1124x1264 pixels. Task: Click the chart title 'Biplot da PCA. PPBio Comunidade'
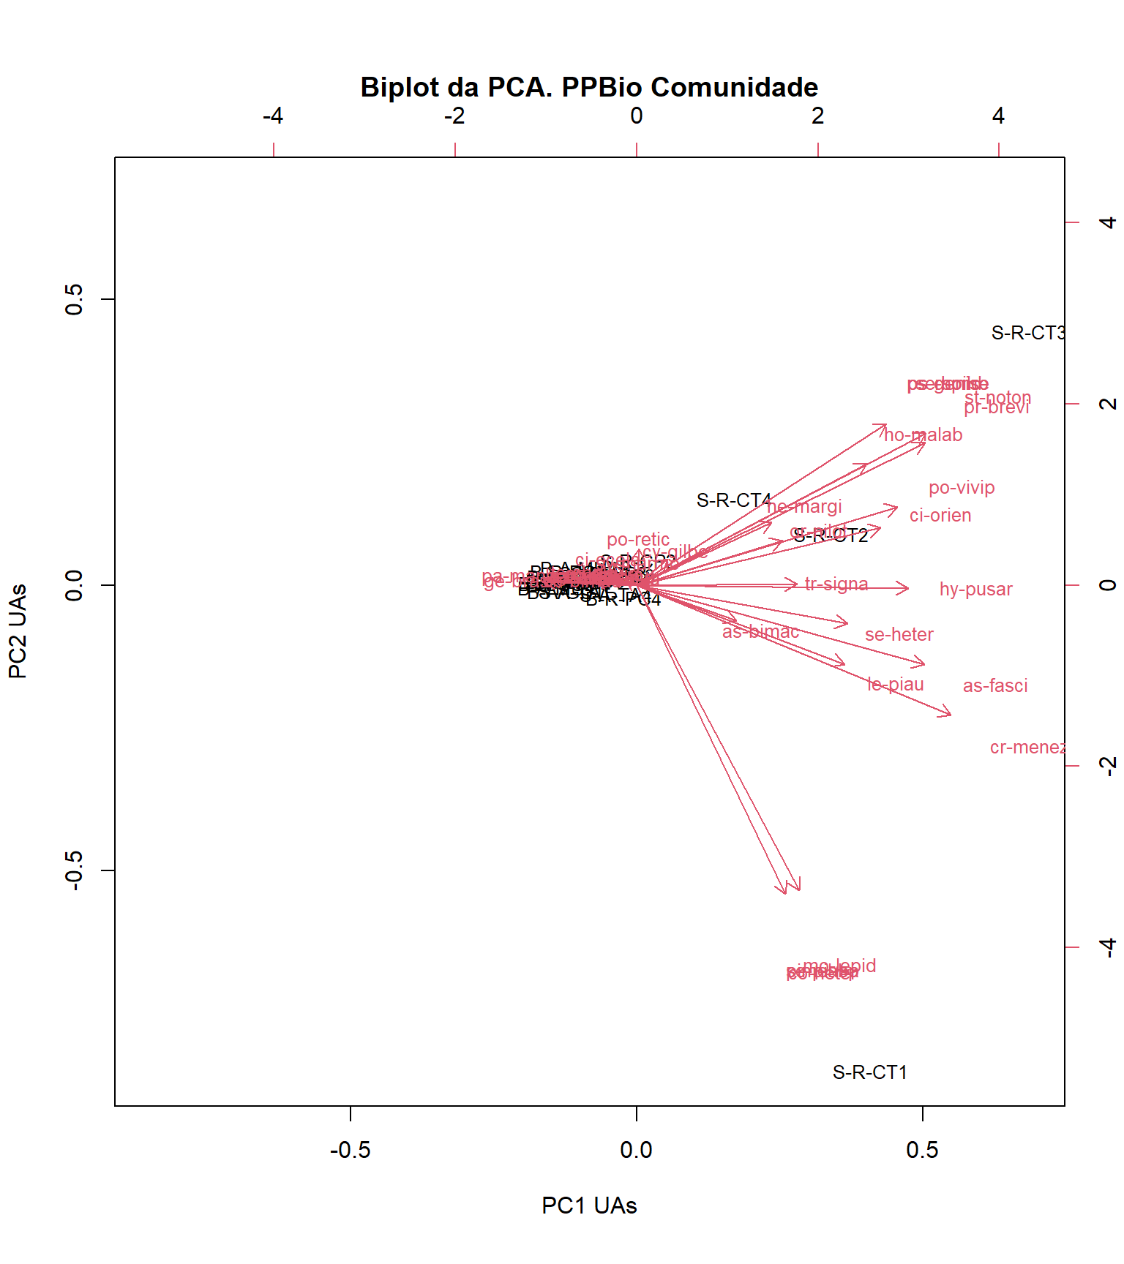pos(589,87)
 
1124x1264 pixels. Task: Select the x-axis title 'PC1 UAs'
pos(589,1205)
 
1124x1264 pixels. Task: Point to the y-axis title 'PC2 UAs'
pos(18,631)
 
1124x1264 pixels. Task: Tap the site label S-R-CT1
pos(870,1072)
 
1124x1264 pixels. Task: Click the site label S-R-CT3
pos(1028,334)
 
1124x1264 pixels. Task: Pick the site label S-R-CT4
pos(734,500)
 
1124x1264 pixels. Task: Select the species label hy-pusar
pos(975,590)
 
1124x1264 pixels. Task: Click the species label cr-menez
pos(1027,748)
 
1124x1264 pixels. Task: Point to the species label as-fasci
pos(995,686)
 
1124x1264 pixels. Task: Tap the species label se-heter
pos(899,635)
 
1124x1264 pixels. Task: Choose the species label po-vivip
pos(962,488)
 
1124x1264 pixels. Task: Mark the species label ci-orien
pos(940,516)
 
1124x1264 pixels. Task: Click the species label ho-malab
pos(923,435)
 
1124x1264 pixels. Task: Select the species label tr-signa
pos(836,584)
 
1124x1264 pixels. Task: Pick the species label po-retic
pos(638,540)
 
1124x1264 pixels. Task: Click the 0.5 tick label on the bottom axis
pos(922,1151)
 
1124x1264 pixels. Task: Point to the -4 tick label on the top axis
pos(273,116)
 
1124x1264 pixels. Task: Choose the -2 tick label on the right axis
pos(1108,766)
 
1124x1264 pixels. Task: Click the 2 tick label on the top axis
pos(817,116)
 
